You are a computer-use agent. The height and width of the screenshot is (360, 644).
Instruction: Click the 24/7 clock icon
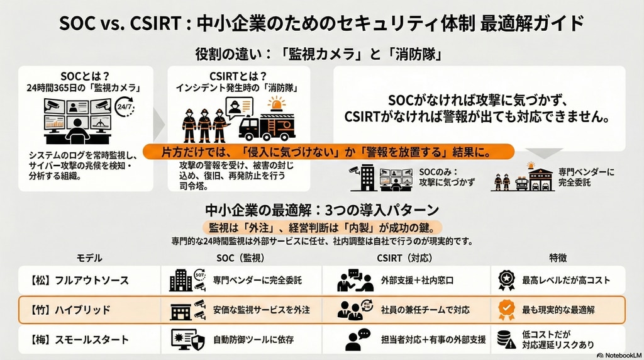(125, 106)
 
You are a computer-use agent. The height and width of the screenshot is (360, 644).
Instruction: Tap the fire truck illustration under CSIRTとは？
(267, 126)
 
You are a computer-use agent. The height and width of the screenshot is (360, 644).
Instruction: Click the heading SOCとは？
(85, 76)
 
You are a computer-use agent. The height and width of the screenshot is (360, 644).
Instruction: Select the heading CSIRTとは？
(238, 76)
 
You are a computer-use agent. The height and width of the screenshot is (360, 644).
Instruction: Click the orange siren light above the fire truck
(277, 104)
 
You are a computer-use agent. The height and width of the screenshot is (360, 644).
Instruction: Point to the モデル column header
(89, 258)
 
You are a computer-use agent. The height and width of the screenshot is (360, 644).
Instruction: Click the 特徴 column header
(558, 257)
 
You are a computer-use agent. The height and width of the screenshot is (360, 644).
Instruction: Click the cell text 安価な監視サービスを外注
(261, 310)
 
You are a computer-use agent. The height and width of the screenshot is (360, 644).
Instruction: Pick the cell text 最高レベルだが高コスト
(566, 280)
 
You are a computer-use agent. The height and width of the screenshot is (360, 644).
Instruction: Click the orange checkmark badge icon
(506, 310)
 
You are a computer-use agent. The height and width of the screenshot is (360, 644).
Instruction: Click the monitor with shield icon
(187, 339)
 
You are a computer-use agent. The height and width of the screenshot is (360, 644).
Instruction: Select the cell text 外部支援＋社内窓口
(418, 280)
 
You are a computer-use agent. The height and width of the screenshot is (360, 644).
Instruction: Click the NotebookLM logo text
(619, 355)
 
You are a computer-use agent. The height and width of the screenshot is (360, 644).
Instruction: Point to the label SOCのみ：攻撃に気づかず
(447, 177)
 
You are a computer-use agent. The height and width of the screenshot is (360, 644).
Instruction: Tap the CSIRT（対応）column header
(404, 258)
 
